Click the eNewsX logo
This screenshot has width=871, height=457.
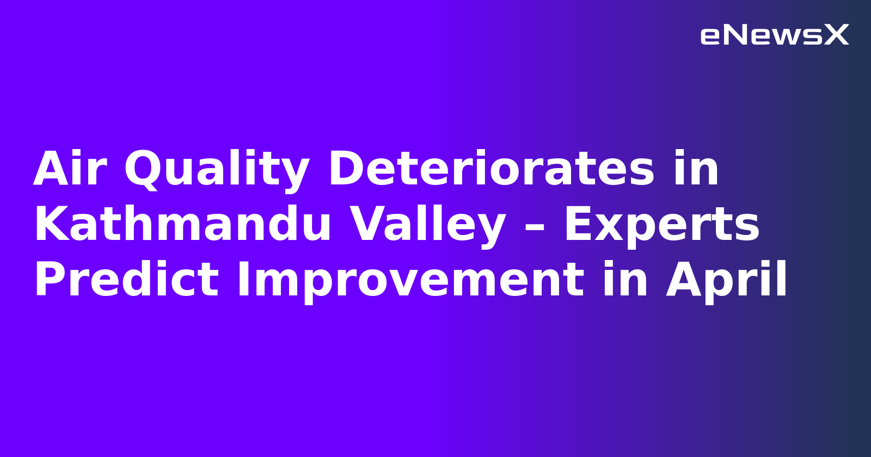tap(774, 35)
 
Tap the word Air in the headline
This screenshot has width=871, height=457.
tap(70, 169)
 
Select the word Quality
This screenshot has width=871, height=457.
tap(217, 169)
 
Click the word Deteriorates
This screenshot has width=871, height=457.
tap(491, 169)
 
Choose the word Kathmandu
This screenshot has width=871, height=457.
tap(182, 225)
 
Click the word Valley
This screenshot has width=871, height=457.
tap(427, 225)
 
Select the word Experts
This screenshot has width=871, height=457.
tap(661, 225)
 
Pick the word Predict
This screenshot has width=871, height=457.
tap(126, 280)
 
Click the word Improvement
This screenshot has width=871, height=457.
tap(410, 280)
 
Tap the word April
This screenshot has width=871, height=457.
tap(726, 280)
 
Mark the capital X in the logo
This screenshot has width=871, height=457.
tap(836, 35)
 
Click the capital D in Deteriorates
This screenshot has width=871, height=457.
tap(347, 169)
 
